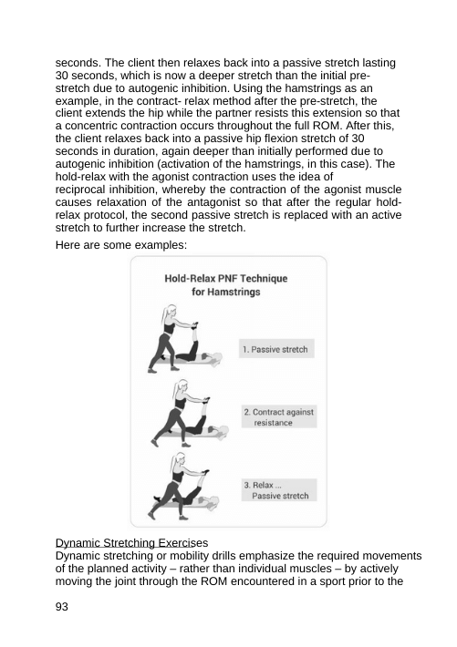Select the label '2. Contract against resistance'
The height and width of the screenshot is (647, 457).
(x=277, y=418)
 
